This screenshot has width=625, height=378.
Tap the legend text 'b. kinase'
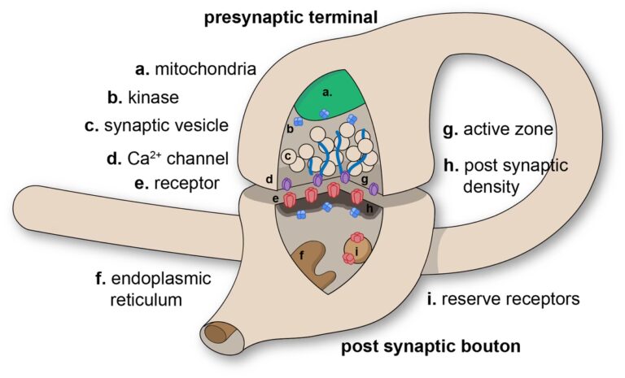(143, 98)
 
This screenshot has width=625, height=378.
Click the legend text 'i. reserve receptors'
(503, 298)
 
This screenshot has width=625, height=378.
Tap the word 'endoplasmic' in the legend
(152, 279)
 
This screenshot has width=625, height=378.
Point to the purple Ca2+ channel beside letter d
(286, 186)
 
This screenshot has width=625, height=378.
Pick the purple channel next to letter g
(374, 189)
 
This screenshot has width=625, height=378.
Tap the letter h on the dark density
(370, 208)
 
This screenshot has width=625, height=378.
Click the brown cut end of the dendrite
(217, 333)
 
